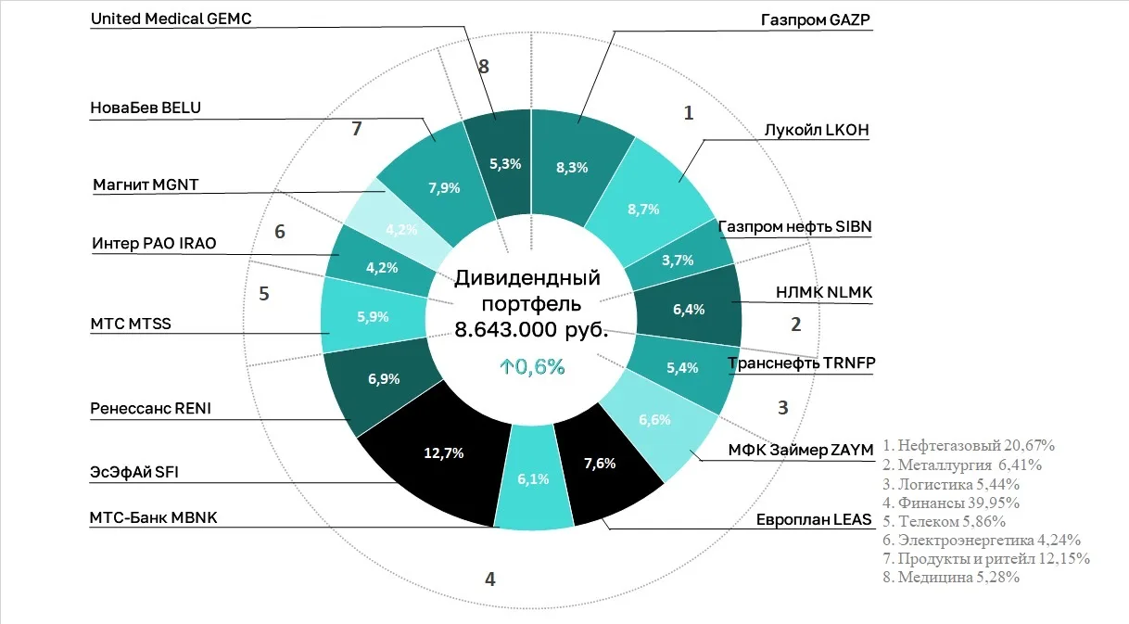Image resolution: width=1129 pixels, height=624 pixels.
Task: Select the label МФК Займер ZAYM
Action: pos(801,450)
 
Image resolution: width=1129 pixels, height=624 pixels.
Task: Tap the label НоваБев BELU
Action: pos(146,108)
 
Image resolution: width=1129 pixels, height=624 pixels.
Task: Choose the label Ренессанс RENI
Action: pos(150,408)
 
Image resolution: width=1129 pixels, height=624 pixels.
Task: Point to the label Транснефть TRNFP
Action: pos(801,363)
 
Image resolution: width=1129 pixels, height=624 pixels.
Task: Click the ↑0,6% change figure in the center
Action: pos(531,366)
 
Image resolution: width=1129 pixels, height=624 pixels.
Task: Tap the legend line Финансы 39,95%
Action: pos(951,503)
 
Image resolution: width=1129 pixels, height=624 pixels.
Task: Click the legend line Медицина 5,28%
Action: pos(952,578)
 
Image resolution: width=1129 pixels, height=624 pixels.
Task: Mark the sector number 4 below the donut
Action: pos(490,579)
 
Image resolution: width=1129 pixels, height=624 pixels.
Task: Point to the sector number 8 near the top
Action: pos(483,66)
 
